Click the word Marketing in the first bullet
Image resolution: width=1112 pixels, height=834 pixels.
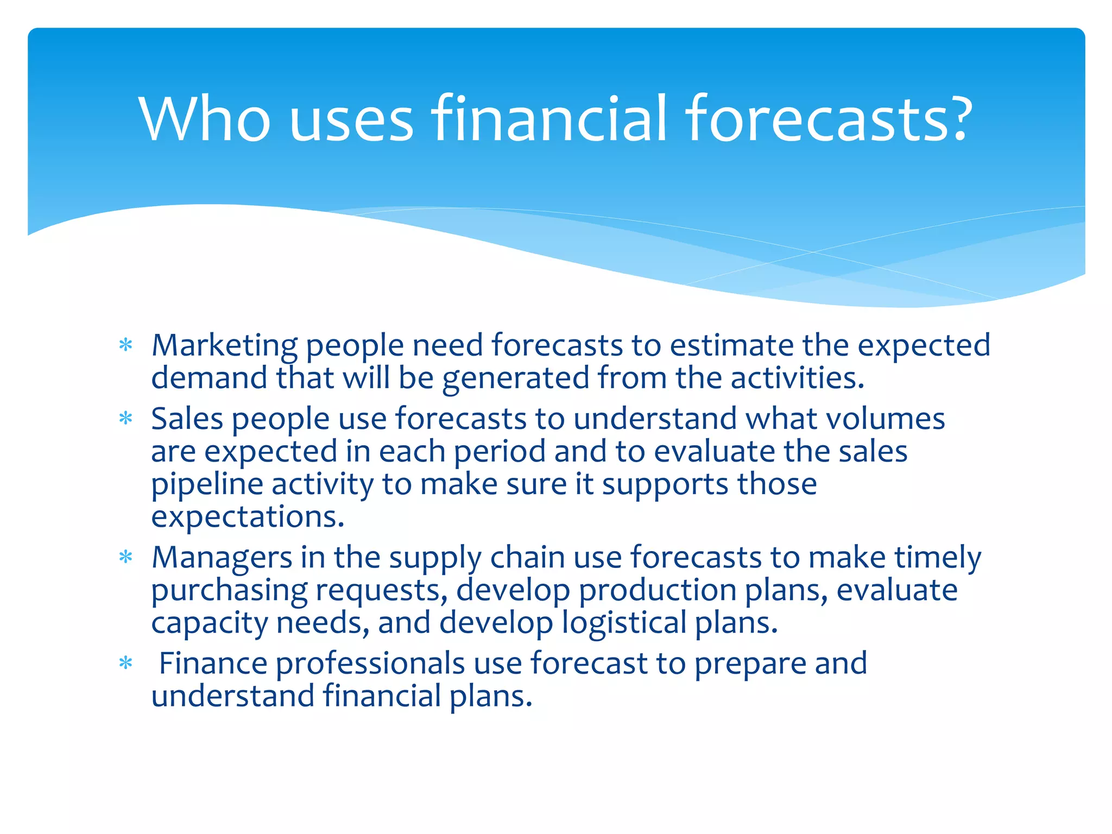point(224,346)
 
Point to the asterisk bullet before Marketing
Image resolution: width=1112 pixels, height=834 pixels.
point(126,346)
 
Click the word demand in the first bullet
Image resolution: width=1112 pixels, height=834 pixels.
point(209,378)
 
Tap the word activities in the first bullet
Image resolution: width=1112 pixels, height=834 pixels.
point(797,378)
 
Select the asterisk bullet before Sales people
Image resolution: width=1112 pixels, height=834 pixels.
point(126,419)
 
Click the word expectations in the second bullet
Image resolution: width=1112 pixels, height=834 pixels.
point(248,517)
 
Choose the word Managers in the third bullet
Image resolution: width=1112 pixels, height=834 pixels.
point(222,558)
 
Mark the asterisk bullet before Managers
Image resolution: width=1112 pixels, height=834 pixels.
point(126,558)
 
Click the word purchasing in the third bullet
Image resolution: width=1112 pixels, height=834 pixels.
point(229,591)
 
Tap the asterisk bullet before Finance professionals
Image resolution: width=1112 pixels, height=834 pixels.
point(126,664)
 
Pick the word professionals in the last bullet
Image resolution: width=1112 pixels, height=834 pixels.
point(370,664)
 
